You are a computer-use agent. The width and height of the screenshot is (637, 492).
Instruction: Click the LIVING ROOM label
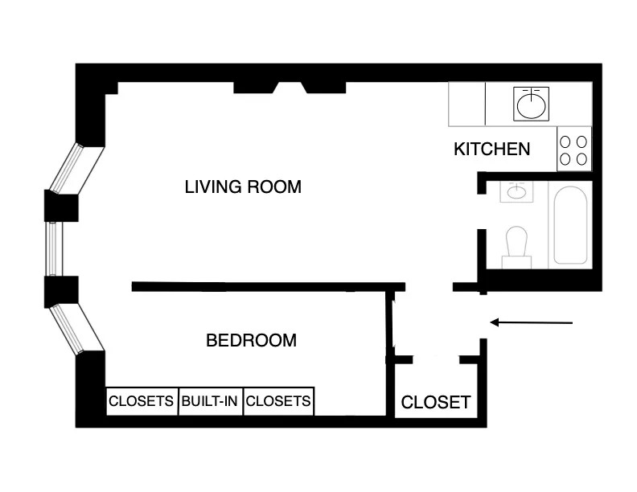[243, 187]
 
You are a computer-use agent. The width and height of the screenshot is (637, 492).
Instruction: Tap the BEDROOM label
[251, 340]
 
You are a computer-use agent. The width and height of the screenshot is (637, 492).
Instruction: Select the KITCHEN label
[491, 149]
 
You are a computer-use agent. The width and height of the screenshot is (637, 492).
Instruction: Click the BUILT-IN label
[209, 400]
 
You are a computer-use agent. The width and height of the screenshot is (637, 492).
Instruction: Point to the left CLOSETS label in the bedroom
[142, 400]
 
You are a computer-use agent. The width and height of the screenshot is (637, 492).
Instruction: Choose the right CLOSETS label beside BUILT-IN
[277, 400]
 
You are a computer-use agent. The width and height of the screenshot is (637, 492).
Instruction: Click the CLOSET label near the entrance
[435, 402]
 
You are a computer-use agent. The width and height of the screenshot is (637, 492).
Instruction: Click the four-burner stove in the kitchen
[573, 149]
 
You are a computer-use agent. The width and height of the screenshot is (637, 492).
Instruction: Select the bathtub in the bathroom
[571, 226]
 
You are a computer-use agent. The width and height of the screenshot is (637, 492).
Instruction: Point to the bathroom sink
[516, 192]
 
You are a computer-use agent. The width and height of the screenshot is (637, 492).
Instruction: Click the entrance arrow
[531, 323]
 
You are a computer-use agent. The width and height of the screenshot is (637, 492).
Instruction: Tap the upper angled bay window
[77, 169]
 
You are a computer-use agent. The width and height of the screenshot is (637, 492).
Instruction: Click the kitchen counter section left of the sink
[467, 105]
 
